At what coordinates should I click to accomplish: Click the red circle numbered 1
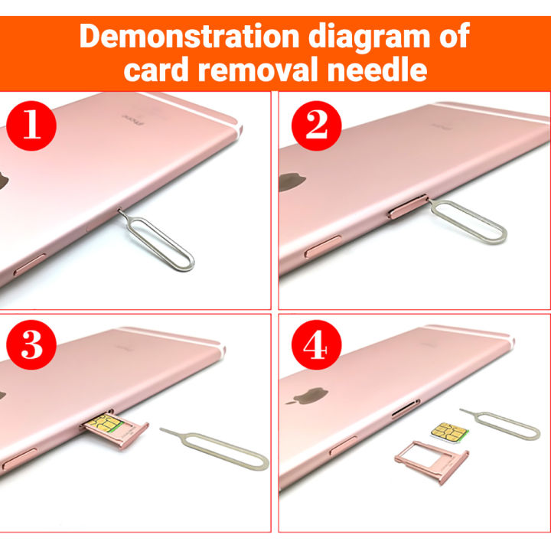click(31, 125)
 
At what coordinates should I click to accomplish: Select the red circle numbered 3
click(31, 346)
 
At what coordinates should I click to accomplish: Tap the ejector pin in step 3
click(222, 452)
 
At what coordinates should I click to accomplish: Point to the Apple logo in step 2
click(289, 182)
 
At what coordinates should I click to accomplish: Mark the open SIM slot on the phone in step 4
click(403, 412)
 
